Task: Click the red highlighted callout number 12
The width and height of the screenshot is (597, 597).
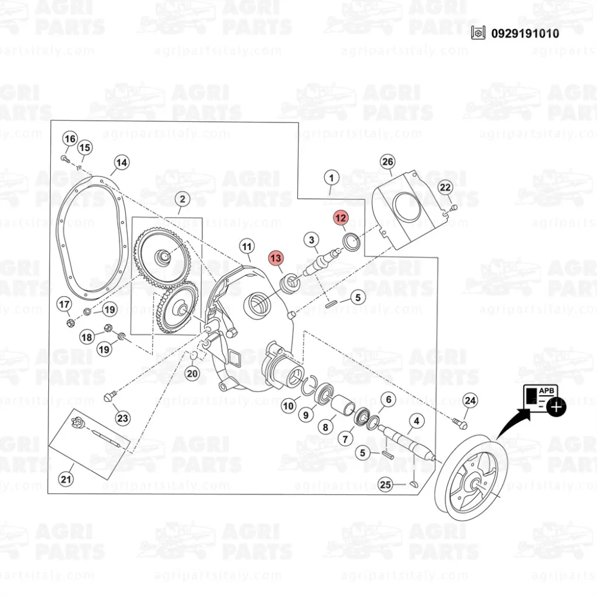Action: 340,218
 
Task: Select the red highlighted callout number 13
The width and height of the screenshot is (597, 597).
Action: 276,258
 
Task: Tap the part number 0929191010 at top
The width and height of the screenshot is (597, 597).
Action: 525,33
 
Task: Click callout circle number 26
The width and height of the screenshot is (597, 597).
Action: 387,162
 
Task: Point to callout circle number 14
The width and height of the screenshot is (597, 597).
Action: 121,162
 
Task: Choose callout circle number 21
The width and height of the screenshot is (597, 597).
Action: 66,479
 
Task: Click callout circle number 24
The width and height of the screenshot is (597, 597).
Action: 470,401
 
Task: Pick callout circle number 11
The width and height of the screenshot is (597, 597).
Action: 247,247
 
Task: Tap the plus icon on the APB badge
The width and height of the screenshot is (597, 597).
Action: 556,407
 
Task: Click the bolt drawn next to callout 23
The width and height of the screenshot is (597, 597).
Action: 109,397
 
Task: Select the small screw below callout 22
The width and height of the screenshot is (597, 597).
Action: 453,208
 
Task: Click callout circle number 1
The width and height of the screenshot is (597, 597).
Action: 331,178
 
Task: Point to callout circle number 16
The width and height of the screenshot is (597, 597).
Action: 70,139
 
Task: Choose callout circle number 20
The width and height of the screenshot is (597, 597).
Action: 192,374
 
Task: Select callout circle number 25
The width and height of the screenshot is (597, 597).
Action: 385,485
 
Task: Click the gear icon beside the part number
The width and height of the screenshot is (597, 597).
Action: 478,33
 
